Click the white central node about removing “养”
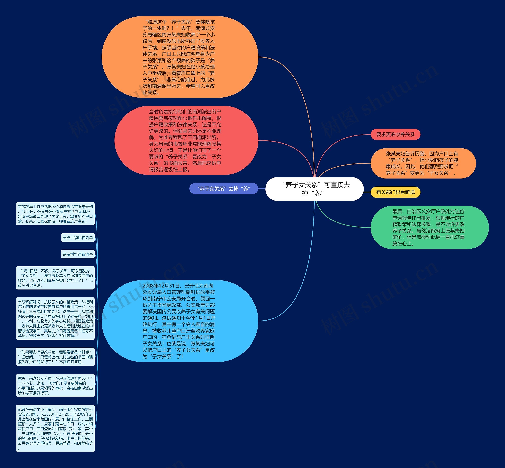[314, 189]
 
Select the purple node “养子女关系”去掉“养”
[224, 189]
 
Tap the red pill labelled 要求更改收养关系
[395, 135]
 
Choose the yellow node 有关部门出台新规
[395, 192]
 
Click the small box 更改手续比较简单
[78, 237]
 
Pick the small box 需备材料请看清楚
[78, 254]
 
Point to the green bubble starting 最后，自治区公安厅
[429, 227]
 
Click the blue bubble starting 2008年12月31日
[180, 321]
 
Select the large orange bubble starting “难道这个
[180, 57]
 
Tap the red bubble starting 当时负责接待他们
[186, 140]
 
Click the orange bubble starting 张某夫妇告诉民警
[423, 163]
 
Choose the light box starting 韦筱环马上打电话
[55, 214]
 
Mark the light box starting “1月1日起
[55, 278]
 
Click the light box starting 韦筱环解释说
[55, 319]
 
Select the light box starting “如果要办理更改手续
[55, 357]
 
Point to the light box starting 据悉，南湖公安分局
[55, 385]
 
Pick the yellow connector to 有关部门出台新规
[367, 192]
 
